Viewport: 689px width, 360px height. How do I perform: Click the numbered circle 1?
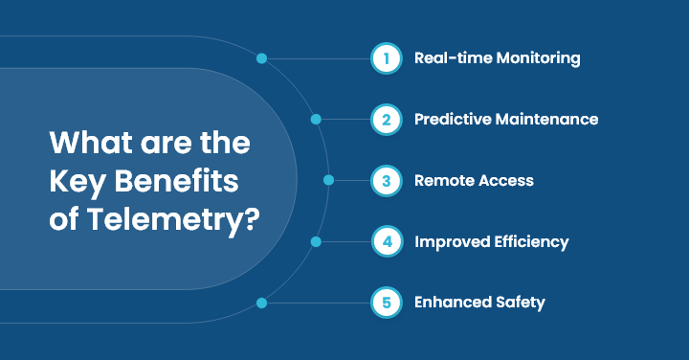386,58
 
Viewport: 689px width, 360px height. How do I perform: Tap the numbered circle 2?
386,120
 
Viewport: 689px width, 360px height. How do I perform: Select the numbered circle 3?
386,180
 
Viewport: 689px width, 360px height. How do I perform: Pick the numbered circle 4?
386,241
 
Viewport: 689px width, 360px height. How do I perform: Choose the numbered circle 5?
386,303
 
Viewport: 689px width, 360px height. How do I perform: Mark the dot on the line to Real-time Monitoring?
261,58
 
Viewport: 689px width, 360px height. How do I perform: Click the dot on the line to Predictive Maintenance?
316,120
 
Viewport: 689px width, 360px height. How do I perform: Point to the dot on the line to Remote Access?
329,180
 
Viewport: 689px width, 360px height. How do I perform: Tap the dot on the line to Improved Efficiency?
316,241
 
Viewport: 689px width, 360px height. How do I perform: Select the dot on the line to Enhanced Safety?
261,303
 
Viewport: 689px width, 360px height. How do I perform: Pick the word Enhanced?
450,303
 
